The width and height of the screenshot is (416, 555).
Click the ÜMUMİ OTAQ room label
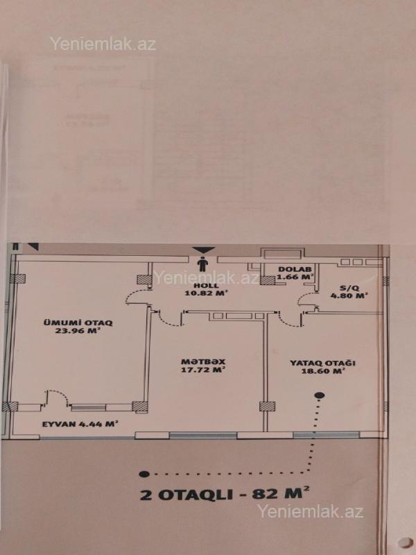[x=78, y=323]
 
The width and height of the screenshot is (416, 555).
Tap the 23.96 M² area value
[x=78, y=332]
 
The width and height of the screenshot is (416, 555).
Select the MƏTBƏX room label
[x=203, y=362]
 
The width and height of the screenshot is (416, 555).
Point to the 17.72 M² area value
[x=203, y=370]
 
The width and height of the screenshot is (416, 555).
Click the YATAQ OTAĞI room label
[x=322, y=363]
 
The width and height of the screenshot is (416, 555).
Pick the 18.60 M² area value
[x=322, y=371]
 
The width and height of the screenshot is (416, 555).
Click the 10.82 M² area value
[x=205, y=293]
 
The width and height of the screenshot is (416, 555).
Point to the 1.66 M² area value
[x=293, y=277]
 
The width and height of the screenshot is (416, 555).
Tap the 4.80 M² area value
[x=349, y=296]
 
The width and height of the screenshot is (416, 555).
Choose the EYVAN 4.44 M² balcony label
[x=80, y=424]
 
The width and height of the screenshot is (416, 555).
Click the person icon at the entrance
[x=202, y=264]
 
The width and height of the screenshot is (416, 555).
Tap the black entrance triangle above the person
[x=204, y=250]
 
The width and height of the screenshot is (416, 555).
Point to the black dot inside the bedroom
[x=320, y=395]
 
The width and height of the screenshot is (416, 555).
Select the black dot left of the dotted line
[x=144, y=474]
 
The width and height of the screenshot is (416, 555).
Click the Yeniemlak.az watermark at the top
[x=103, y=44]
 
